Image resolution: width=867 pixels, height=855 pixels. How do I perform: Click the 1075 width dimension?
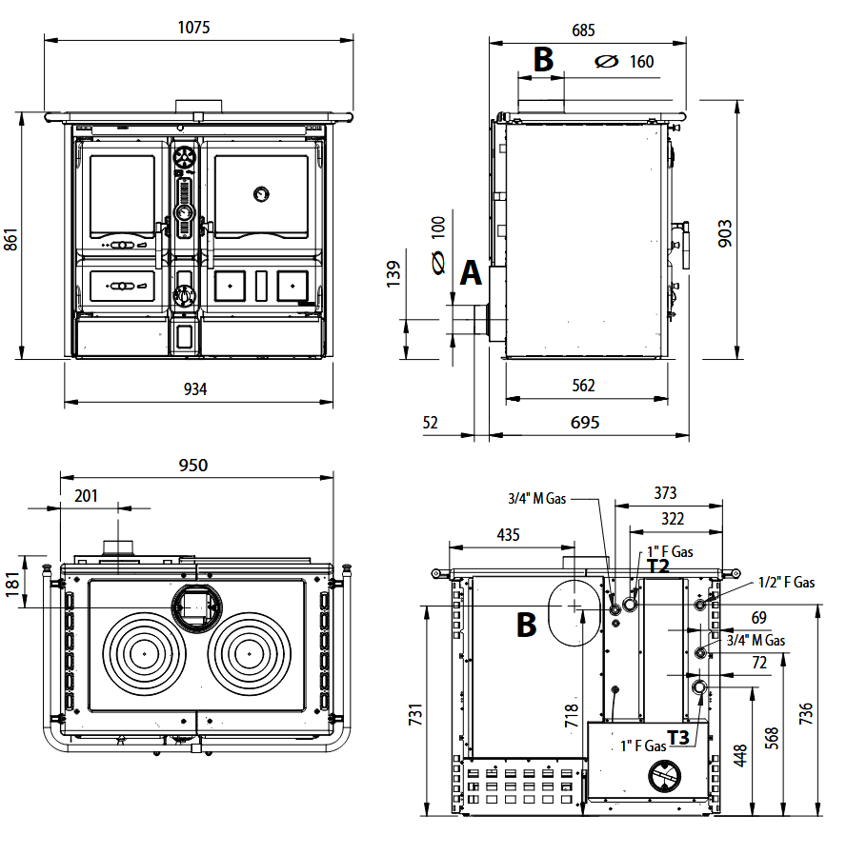pos(193,28)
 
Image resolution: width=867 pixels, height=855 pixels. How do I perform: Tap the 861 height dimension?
pos(11,238)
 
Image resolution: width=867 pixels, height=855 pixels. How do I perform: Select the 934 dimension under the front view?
pos(194,388)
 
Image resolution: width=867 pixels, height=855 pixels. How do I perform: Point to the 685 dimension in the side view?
pos(584,30)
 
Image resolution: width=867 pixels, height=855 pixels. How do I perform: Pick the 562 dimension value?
pos(584,386)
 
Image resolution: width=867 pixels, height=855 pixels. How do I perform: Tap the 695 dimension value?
pos(586,423)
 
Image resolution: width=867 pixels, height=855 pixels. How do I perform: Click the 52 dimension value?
pos(431,423)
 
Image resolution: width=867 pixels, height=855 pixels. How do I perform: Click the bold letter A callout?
pos(471,273)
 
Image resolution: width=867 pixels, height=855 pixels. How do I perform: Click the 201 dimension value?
pos(87,495)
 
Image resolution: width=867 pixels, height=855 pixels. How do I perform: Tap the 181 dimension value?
pos(11,583)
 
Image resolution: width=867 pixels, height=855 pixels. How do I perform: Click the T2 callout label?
pos(658,566)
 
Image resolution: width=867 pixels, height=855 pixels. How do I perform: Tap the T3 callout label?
pos(678,737)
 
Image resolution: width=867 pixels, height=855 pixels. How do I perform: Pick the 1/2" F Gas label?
pos(786,583)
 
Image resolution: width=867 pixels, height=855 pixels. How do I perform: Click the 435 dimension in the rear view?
pos(509,535)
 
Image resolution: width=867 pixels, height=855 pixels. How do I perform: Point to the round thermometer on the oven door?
pos(259,193)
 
